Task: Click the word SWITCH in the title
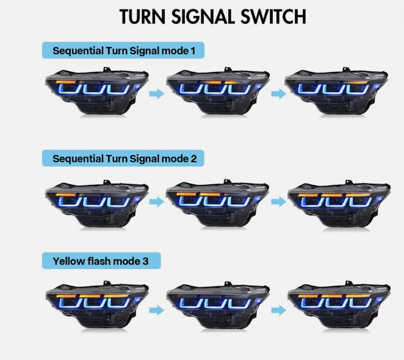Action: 269,17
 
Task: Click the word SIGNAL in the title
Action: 199,17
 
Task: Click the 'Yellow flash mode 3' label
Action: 100,262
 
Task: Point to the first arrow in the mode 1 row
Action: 157,93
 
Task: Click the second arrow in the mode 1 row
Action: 278,93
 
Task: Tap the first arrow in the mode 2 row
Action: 157,202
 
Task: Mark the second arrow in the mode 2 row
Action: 278,202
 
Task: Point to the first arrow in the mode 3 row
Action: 157,310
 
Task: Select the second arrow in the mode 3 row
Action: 278,310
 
